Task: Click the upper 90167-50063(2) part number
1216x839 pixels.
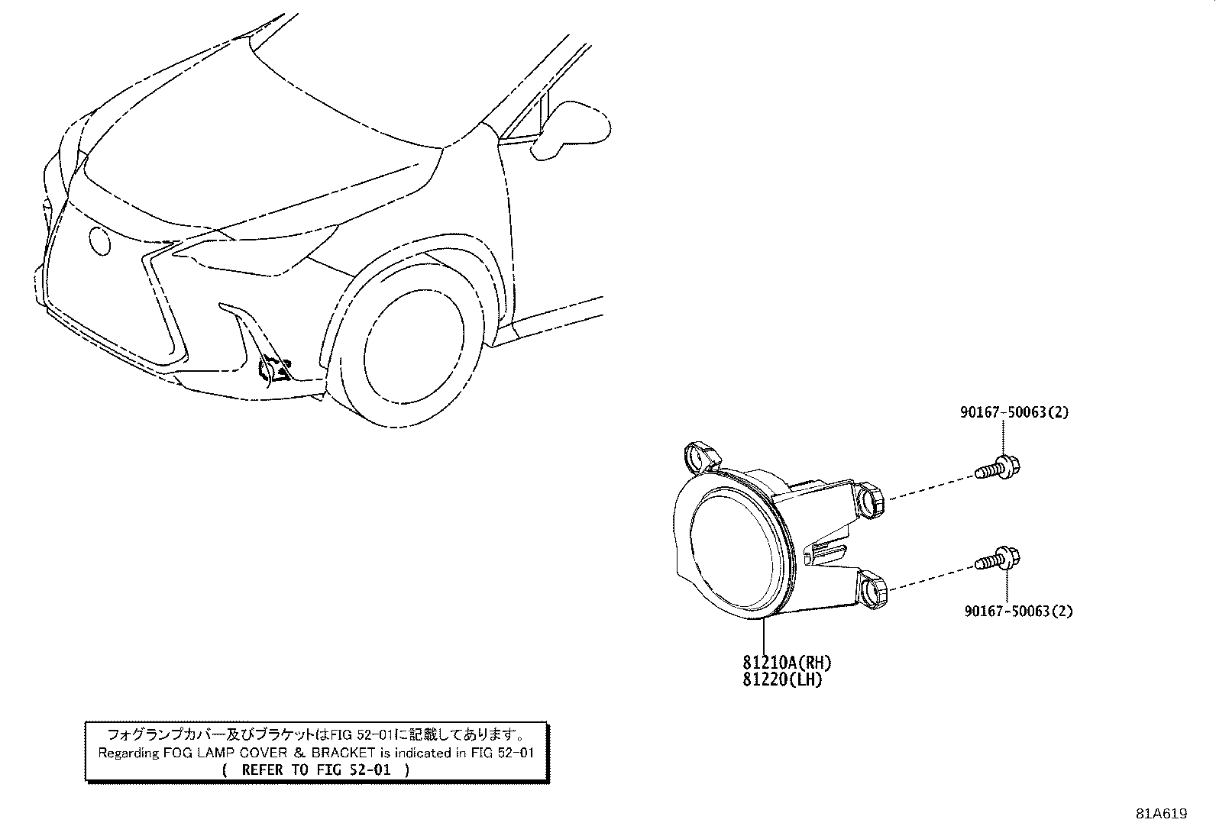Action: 1014,412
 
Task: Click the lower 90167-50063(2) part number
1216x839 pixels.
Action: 1018,611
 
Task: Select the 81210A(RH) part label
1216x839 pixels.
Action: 787,662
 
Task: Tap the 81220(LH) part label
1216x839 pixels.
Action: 782,679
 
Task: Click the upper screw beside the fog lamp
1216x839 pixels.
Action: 998,468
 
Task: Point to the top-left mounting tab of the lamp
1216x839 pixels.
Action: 703,457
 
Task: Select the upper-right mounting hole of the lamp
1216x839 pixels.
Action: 870,500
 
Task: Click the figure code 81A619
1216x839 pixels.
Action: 1161,814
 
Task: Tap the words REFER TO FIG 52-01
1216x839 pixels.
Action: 316,770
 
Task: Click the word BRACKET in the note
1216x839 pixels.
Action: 343,753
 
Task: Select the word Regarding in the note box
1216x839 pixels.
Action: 128,753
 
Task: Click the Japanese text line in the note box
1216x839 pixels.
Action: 316,735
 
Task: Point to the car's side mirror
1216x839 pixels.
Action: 570,131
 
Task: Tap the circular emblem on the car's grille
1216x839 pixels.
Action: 99,240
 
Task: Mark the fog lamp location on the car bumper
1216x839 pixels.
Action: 274,371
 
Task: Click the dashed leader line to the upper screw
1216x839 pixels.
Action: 930,488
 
